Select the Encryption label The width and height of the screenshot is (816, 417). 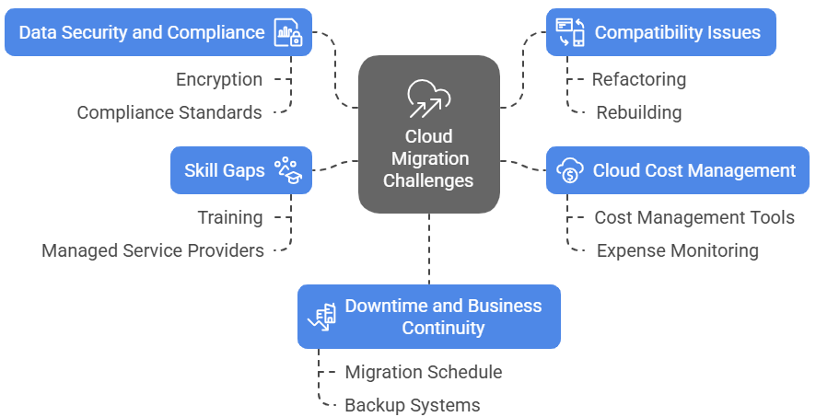pos(219,80)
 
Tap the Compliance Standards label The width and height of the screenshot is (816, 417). pos(169,112)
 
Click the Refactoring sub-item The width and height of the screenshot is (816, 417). pos(638,79)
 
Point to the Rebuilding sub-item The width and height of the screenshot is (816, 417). pos(638,112)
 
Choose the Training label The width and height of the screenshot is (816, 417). pos(229,217)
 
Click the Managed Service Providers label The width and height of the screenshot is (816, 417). pos(153,250)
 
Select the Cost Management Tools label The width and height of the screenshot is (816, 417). pos(694,217)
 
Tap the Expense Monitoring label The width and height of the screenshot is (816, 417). pos(677,250)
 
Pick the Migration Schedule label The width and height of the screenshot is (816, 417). pos(423,372)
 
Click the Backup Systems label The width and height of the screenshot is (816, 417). pos(412,405)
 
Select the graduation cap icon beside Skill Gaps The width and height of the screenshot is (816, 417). pos(289,170)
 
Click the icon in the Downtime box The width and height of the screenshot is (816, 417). pos(321,317)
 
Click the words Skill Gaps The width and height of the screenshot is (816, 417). pos(224,170)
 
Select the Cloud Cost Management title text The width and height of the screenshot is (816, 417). pos(694,170)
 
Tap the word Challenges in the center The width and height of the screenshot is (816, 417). pos(428,180)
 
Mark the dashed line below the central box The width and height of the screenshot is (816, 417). pos(429,249)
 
